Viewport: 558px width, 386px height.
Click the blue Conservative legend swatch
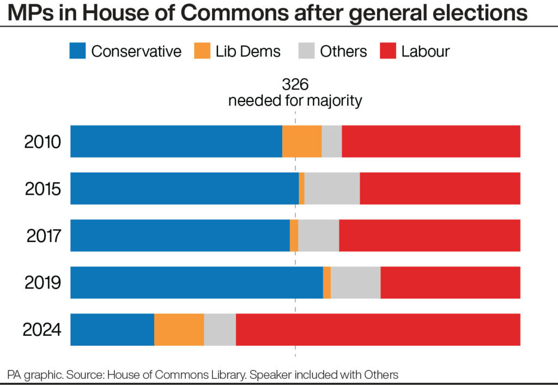[77, 51]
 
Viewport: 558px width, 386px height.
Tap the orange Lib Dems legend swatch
[202, 51]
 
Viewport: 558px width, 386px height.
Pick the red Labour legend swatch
[387, 51]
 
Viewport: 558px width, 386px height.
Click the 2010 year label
[43, 142]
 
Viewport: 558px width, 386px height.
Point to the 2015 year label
[43, 189]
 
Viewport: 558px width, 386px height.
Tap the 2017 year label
[43, 236]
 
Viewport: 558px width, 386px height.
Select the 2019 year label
[43, 283]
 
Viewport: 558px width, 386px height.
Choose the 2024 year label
[42, 330]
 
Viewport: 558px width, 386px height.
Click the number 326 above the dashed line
[295, 85]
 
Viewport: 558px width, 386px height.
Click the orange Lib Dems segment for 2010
[302, 142]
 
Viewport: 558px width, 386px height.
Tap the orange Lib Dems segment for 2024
[179, 330]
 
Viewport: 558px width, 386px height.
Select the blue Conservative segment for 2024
[112, 330]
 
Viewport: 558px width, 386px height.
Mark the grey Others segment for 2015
[332, 189]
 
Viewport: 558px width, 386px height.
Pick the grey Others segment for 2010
[332, 142]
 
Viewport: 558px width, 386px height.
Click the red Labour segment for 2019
[450, 283]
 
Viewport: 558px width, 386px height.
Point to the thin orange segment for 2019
[327, 283]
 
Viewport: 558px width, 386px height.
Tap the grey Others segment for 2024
[220, 330]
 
